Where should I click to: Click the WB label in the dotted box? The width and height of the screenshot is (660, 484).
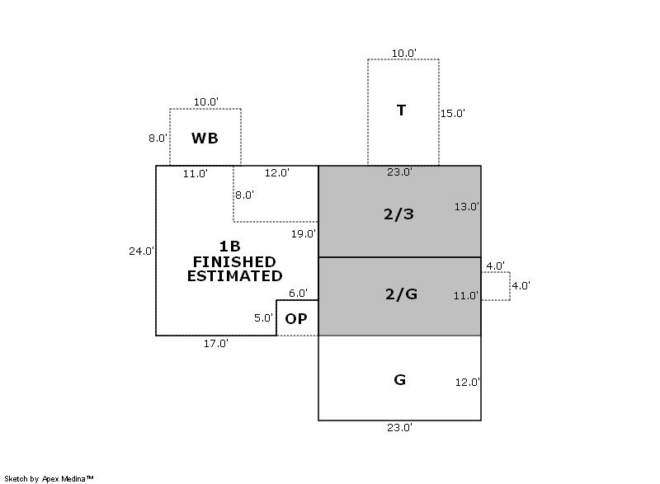pyautogui.click(x=205, y=139)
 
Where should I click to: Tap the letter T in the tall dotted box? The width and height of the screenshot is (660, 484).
pyautogui.click(x=401, y=110)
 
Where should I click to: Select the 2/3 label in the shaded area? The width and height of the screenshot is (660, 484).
pyautogui.click(x=398, y=214)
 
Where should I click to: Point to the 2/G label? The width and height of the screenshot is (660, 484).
pyautogui.click(x=400, y=294)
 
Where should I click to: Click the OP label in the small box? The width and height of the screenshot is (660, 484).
pyautogui.click(x=296, y=319)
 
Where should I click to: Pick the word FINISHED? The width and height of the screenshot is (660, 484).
pyautogui.click(x=234, y=261)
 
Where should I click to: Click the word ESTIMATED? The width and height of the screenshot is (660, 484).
pyautogui.click(x=234, y=276)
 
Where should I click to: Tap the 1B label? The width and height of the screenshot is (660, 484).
pyautogui.click(x=230, y=246)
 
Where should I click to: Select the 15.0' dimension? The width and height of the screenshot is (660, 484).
pyautogui.click(x=452, y=114)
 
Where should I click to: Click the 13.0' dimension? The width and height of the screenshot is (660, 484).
pyautogui.click(x=467, y=207)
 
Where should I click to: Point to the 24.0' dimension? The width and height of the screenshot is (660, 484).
pyautogui.click(x=141, y=251)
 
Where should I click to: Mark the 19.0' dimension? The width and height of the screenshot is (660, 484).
pyautogui.click(x=303, y=234)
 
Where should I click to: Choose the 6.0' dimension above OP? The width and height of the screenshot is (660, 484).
pyautogui.click(x=297, y=293)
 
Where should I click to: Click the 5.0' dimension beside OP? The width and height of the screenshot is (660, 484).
pyautogui.click(x=263, y=318)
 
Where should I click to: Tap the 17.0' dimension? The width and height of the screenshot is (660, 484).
pyautogui.click(x=216, y=344)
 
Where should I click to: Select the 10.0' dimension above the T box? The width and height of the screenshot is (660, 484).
pyautogui.click(x=403, y=53)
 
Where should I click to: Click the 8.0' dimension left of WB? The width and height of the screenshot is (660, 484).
pyautogui.click(x=158, y=139)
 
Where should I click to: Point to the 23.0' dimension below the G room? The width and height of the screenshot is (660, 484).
pyautogui.click(x=399, y=428)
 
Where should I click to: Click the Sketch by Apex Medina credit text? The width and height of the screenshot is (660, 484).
pyautogui.click(x=49, y=477)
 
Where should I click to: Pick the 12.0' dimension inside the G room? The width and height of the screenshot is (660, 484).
pyautogui.click(x=467, y=383)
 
